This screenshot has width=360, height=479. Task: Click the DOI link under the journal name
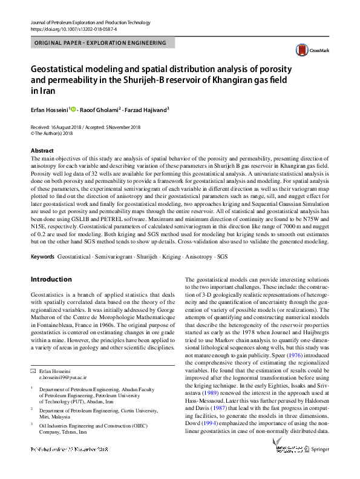click(73, 28)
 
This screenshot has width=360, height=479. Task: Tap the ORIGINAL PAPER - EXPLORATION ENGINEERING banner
click(102, 43)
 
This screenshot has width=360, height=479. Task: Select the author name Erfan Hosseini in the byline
click(49, 110)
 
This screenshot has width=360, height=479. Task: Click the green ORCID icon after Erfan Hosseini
click(74, 110)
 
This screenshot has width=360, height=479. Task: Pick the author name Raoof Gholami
click(100, 110)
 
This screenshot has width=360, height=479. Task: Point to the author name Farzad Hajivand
click(147, 110)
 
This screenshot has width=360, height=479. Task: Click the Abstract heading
click(42, 150)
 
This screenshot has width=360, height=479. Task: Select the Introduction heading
click(51, 279)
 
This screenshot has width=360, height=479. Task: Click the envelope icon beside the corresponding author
click(34, 369)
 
